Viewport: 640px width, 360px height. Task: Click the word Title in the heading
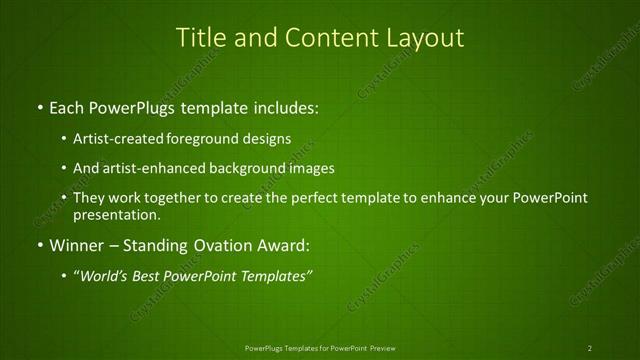click(200, 38)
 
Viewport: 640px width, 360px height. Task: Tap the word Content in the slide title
click(327, 38)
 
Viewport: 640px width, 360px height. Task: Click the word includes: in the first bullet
click(283, 106)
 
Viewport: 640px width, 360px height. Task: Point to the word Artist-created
click(120, 138)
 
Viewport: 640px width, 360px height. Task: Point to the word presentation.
click(116, 214)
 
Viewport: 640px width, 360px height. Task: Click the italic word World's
click(104, 275)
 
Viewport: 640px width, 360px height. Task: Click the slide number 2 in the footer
click(590, 348)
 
